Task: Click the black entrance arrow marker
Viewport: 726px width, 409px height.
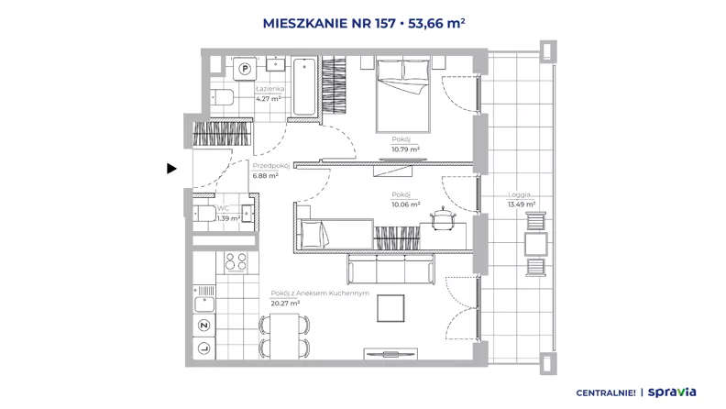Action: (x=171, y=169)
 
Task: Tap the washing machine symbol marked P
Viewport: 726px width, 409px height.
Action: (x=245, y=69)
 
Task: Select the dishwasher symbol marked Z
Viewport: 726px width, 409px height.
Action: (x=204, y=326)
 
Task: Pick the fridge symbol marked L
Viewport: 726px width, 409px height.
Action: (x=204, y=348)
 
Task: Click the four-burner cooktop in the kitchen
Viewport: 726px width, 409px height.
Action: (x=236, y=262)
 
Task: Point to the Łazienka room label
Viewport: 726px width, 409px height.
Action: (x=269, y=88)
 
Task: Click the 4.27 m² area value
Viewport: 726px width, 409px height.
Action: (x=269, y=98)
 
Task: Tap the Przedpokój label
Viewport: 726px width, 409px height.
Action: (x=270, y=166)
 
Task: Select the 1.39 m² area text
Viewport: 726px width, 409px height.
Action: (x=229, y=218)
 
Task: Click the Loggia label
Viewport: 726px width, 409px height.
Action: (x=519, y=195)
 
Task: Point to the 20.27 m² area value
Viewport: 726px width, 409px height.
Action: (x=285, y=304)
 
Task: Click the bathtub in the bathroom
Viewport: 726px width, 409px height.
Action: (x=304, y=86)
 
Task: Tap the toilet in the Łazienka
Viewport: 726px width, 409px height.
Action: (x=222, y=97)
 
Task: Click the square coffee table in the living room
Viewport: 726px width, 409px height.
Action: (x=390, y=308)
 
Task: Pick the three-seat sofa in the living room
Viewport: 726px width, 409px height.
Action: (x=391, y=269)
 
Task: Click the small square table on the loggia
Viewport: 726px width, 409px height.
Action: (x=535, y=244)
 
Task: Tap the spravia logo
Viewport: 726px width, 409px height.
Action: (x=672, y=392)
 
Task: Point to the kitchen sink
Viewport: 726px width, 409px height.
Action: (x=204, y=304)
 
